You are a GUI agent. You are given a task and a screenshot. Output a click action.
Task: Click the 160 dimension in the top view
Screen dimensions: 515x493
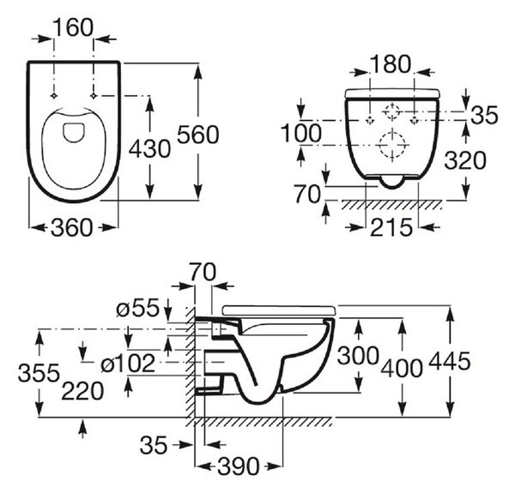[73, 28]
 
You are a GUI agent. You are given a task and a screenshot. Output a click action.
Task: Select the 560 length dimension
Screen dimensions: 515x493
[197, 135]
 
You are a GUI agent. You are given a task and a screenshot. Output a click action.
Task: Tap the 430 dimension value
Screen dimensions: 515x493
[149, 149]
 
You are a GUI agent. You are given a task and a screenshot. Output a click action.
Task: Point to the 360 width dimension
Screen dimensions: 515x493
[72, 228]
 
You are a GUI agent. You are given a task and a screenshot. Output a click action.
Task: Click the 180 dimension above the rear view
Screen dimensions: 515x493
[391, 64]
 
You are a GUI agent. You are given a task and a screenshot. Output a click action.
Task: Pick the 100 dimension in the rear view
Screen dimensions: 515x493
[301, 133]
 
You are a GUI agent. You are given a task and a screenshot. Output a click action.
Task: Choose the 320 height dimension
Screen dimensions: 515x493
[464, 160]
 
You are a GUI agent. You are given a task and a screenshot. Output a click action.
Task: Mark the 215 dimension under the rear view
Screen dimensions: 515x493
[391, 227]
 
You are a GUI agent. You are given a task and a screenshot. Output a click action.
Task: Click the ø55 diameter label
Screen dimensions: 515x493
[137, 308]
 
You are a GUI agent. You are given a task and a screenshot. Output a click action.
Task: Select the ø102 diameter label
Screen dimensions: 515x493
[128, 364]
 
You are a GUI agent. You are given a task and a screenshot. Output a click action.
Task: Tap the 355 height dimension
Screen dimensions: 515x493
[39, 373]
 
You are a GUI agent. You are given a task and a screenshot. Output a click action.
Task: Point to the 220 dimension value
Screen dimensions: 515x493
[82, 391]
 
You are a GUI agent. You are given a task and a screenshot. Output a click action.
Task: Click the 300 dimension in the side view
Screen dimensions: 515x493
[358, 356]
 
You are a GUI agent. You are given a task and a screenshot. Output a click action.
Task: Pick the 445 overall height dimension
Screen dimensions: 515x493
[450, 361]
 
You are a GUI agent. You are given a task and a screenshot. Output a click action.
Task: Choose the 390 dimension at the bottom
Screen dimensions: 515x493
[239, 466]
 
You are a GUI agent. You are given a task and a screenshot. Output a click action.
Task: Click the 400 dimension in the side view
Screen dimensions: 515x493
[402, 368]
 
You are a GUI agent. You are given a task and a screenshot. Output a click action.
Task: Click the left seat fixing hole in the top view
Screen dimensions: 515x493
[54, 96]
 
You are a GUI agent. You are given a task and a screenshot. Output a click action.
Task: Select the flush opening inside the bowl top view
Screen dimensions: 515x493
[74, 133]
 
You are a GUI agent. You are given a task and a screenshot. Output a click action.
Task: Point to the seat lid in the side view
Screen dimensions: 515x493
[279, 310]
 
